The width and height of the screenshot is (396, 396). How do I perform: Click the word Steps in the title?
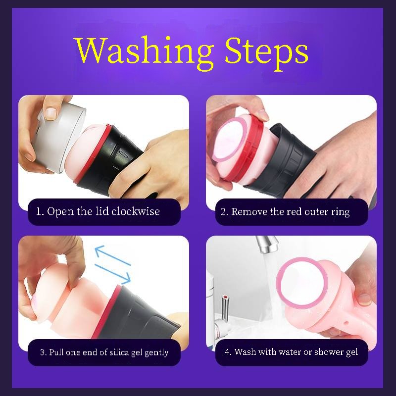266,52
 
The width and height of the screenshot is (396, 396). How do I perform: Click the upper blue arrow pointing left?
113,255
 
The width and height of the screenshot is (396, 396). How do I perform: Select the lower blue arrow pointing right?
113,274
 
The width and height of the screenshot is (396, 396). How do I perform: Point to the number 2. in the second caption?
225,212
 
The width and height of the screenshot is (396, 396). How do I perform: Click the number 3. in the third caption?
44,352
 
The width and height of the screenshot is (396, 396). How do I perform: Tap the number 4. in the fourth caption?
228,351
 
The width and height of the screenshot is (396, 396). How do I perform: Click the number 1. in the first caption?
40,211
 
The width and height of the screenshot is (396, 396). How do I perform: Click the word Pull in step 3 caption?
56,352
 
